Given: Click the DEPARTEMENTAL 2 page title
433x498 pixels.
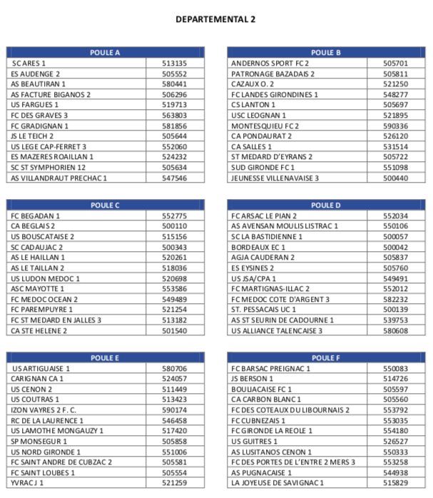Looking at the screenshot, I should pos(215,19).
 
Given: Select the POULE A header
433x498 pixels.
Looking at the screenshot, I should pos(106,53).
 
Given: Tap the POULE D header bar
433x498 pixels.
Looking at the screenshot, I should pos(326,205).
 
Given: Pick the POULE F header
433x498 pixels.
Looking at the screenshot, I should pos(326,358).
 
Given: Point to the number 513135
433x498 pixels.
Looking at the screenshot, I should pos(175,63).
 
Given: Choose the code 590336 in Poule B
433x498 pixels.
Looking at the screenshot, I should pos(395,126).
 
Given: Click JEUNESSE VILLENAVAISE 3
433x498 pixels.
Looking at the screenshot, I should pos(275,178).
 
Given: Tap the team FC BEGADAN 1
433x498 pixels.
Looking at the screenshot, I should pos(36,215).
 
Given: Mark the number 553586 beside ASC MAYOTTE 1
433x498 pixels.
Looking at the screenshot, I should pos(175,289).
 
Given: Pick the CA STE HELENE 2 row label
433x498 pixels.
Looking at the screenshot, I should pos(39,330).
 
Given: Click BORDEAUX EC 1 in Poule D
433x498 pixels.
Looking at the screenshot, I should pos(258,247).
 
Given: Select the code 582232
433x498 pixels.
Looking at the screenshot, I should pos(395,299).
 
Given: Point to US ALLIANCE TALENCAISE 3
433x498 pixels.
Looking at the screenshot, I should pos(277,330).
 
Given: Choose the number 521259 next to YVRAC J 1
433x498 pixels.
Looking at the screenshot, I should pos(175,483).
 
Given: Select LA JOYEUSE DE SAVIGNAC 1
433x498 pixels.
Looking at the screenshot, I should pos(277,483).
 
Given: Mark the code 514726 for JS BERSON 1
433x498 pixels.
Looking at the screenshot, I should pos(395,379).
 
